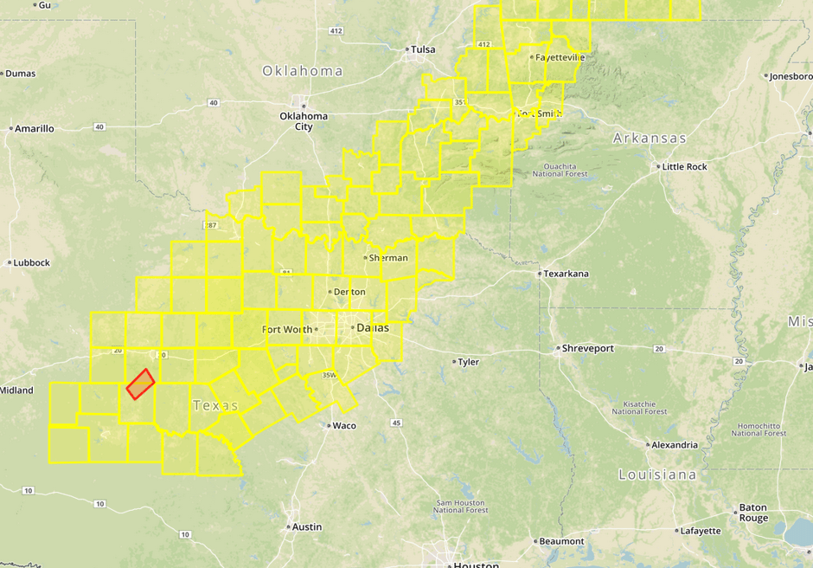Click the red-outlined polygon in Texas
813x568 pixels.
click(140, 384)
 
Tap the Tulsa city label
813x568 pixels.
click(423, 49)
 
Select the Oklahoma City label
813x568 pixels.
click(304, 121)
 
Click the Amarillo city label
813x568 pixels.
click(35, 128)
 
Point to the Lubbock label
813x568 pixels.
click(32, 262)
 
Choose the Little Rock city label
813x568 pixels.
click(685, 166)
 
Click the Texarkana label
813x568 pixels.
click(567, 274)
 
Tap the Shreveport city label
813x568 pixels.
click(587, 348)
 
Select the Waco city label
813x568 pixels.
click(344, 425)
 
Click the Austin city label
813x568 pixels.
click(307, 526)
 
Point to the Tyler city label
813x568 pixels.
click(468, 362)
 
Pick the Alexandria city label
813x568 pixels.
click(675, 445)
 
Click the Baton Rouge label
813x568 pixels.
click(752, 513)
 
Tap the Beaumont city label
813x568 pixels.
click(561, 541)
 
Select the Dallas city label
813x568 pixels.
click(373, 328)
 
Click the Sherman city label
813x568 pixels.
click(388, 258)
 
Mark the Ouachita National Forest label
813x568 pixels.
click(566, 169)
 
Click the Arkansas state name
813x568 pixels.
click(650, 139)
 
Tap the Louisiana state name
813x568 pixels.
click(657, 474)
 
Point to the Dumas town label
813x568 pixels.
click(20, 74)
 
